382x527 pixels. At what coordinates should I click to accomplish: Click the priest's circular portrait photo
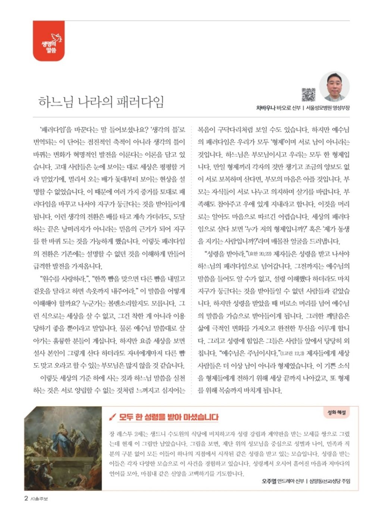pos(334,87)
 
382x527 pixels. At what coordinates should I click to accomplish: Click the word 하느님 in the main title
pos(56,101)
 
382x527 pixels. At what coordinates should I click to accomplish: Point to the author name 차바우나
pos(265,108)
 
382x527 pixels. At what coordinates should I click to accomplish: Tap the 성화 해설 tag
pos(336,412)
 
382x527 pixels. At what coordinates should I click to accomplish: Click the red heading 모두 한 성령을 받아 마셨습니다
pos(169,417)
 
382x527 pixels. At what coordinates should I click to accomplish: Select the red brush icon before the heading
pos(112,417)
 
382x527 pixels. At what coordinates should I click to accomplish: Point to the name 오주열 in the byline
pos(269,481)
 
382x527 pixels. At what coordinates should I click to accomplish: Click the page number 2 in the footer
pos(26,499)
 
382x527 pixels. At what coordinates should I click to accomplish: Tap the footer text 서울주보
pos(39,499)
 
